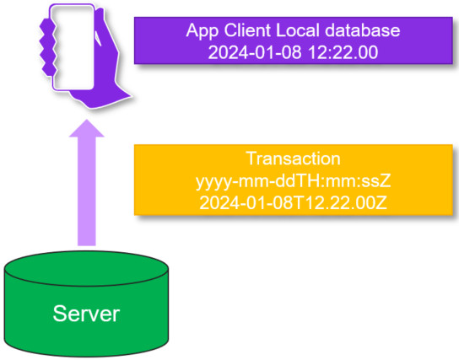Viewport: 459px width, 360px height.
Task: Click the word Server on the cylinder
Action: coord(86,314)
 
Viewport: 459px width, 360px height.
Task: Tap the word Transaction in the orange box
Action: coord(294,159)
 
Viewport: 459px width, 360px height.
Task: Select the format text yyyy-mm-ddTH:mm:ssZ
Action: coord(294,181)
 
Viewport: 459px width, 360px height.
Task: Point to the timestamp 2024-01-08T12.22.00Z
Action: coord(294,202)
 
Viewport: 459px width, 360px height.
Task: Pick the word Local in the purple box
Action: coord(297,30)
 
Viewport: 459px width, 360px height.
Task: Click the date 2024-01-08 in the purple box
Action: coord(255,52)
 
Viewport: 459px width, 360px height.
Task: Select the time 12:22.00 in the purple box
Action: coord(343,52)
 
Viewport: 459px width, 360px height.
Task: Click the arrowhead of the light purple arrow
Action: coord(87,129)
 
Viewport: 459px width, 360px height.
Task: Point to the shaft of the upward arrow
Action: coord(87,191)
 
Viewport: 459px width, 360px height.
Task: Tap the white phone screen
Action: coord(73,47)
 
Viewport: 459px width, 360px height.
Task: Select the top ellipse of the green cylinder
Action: coord(87,269)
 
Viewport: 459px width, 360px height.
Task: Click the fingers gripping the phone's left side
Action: coord(48,46)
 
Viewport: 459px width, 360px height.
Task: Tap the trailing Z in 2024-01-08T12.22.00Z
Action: coord(381,202)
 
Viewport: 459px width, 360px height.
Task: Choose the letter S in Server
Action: coord(59,314)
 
